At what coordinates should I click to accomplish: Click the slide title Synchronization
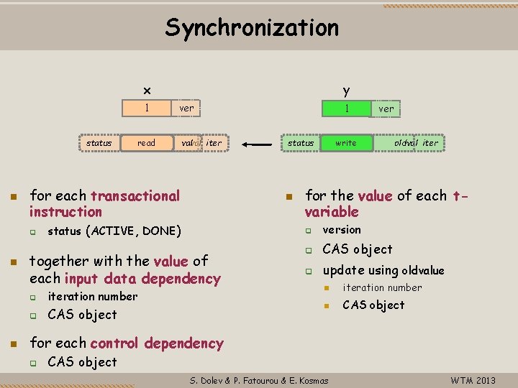click(x=252, y=27)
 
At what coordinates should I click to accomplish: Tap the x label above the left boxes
click(x=147, y=91)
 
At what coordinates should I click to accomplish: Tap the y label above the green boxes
click(x=346, y=91)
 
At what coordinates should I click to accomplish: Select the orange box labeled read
click(x=146, y=143)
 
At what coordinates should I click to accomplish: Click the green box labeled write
click(x=346, y=143)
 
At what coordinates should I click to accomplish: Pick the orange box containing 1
click(x=146, y=108)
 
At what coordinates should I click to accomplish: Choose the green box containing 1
click(x=346, y=108)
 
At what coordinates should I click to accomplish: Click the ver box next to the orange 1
click(x=186, y=108)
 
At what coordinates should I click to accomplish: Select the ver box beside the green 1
click(x=386, y=108)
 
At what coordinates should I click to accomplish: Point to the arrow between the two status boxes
click(x=257, y=144)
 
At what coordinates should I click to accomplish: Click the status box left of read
click(x=99, y=143)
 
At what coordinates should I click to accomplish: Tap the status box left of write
click(x=300, y=143)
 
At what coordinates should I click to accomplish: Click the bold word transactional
click(x=135, y=196)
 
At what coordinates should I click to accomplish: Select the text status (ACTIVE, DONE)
click(x=114, y=231)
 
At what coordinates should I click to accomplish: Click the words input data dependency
click(x=142, y=279)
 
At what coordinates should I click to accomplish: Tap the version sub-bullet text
click(x=342, y=230)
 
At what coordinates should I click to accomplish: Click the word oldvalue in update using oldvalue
click(x=423, y=271)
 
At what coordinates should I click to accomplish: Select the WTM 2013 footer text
click(x=473, y=380)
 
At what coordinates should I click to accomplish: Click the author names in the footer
click(x=259, y=380)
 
